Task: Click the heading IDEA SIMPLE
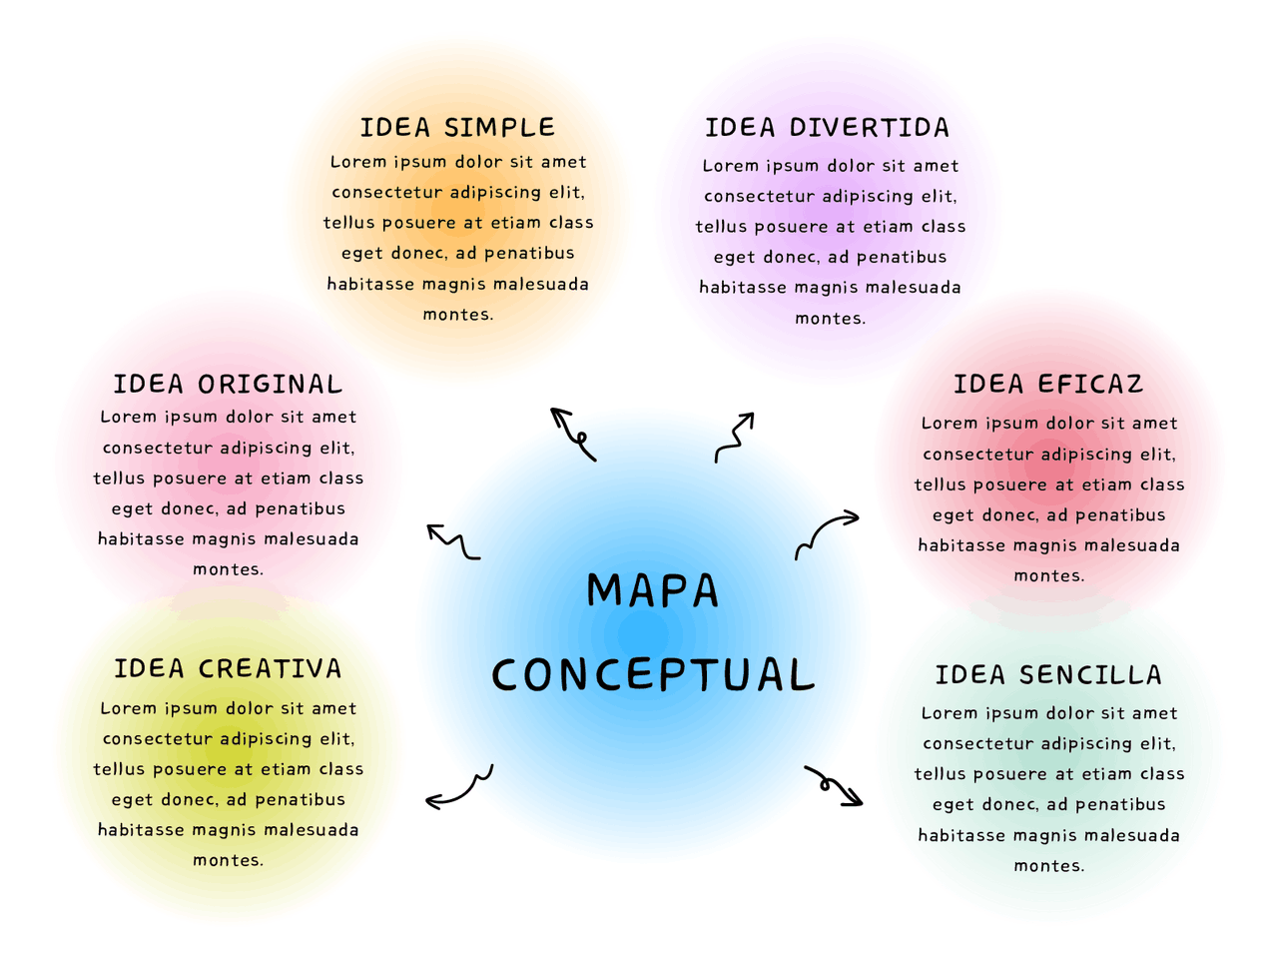457,128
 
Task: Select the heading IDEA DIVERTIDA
827,128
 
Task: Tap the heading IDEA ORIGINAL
228,385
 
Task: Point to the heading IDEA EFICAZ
1048,385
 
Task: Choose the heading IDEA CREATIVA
228,668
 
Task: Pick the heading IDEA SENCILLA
1048,675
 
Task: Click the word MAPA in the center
652,590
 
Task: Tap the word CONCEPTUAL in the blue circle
653,675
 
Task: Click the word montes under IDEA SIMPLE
457,315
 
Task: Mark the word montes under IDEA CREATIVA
228,860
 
